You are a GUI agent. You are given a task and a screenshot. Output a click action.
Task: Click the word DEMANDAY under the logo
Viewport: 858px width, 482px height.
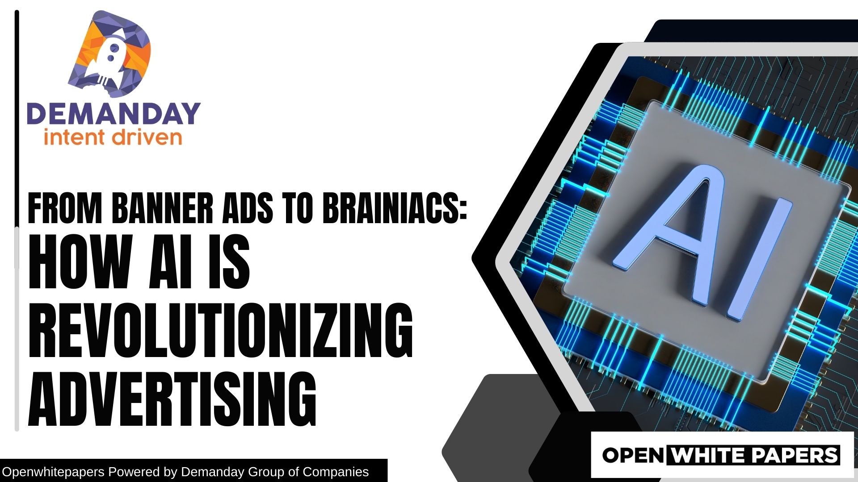[x=114, y=114]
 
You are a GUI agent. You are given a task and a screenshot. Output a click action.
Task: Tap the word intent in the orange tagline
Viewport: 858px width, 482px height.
[x=74, y=137]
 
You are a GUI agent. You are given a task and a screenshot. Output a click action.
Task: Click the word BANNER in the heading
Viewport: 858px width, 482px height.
[x=162, y=208]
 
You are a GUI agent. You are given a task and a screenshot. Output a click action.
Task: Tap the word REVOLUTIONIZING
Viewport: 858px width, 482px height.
[x=220, y=330]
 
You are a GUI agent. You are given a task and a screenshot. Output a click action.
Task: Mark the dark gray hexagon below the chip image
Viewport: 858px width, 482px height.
[x=492, y=428]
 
